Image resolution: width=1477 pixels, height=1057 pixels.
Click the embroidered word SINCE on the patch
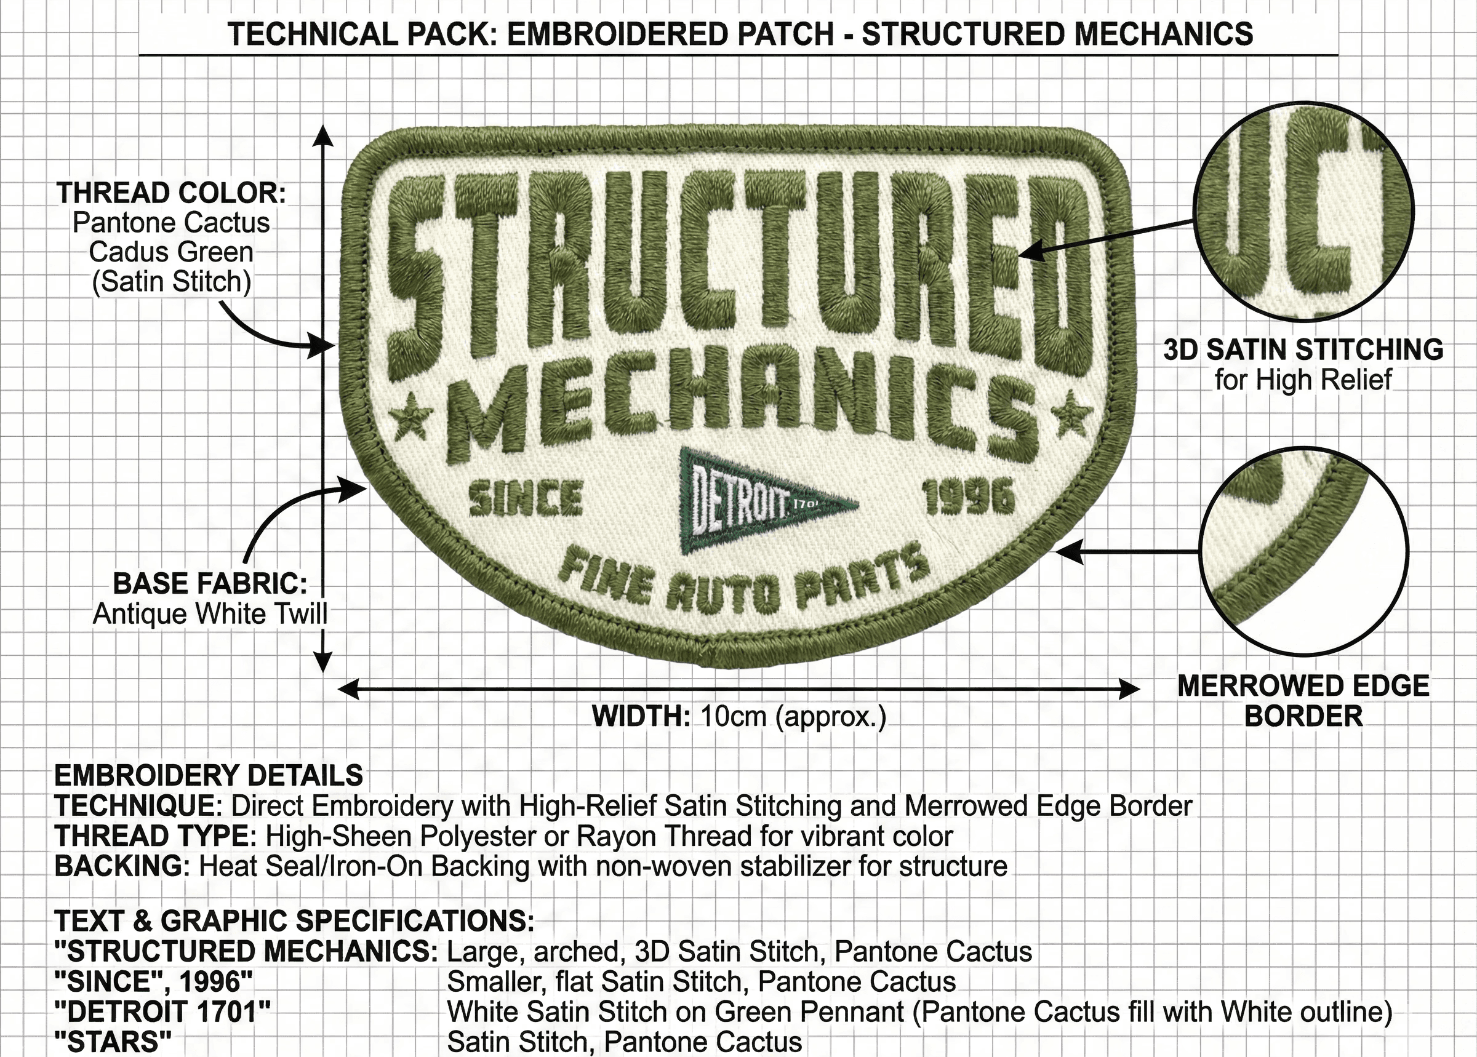click(x=526, y=498)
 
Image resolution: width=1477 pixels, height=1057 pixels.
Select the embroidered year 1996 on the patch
click(x=969, y=497)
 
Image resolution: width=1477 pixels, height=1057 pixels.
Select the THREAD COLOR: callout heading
click(x=171, y=193)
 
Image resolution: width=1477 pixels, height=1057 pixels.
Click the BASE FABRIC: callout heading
click(x=210, y=583)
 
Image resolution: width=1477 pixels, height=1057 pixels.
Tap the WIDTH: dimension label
click(x=641, y=717)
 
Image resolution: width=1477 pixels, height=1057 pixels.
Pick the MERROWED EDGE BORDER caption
click(x=1303, y=701)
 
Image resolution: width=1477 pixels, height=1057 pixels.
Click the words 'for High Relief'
click(x=1303, y=380)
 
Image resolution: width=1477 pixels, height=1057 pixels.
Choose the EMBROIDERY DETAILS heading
click(x=208, y=776)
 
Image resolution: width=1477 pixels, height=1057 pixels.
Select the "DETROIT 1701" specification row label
click(x=162, y=1012)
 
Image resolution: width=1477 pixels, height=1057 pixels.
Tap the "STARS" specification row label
click(x=113, y=1042)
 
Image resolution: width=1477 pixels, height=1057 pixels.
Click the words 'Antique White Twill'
click(x=210, y=614)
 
